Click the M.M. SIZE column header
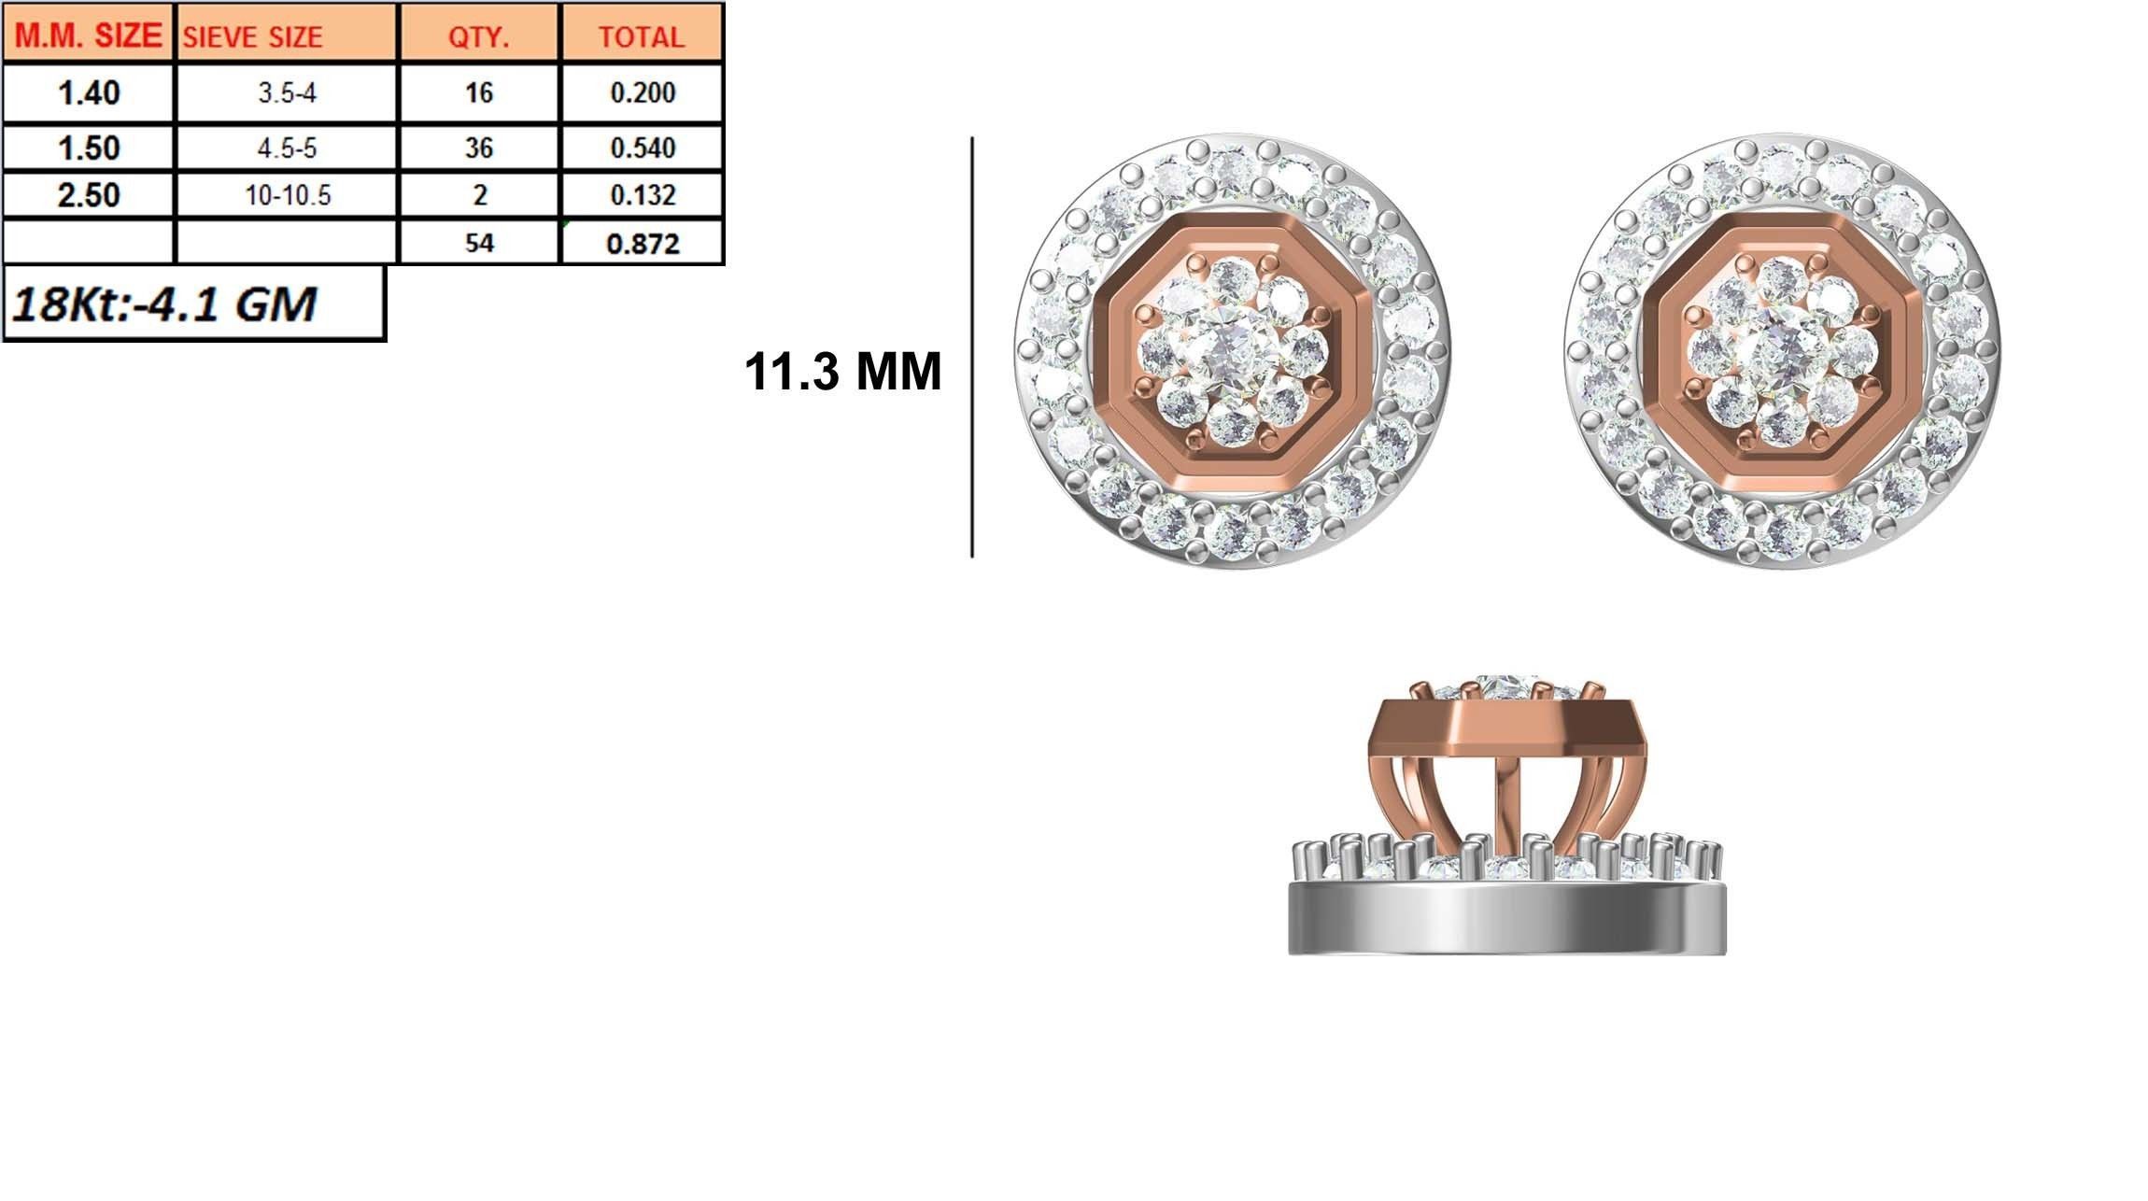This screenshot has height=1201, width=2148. coord(88,35)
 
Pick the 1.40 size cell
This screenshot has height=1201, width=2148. coord(88,92)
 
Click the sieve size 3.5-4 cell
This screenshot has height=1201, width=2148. coord(287,92)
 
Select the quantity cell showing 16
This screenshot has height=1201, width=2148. coord(478,92)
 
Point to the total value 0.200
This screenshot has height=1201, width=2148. coord(642,92)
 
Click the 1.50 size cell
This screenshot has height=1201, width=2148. coord(88,148)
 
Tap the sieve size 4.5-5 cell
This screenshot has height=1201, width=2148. coord(287,148)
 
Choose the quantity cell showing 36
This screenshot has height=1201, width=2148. coord(478,148)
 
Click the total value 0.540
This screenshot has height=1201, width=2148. coord(642,148)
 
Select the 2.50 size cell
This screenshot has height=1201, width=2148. coord(88,195)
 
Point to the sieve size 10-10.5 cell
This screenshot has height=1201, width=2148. coord(287,195)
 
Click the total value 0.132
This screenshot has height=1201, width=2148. coord(642,195)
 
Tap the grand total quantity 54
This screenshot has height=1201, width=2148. coord(478,243)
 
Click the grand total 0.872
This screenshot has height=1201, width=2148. coord(642,244)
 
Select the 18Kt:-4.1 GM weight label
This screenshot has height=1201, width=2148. coord(164,304)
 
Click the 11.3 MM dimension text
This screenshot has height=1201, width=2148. coord(842,372)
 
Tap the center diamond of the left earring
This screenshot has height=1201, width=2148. coord(1230,352)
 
